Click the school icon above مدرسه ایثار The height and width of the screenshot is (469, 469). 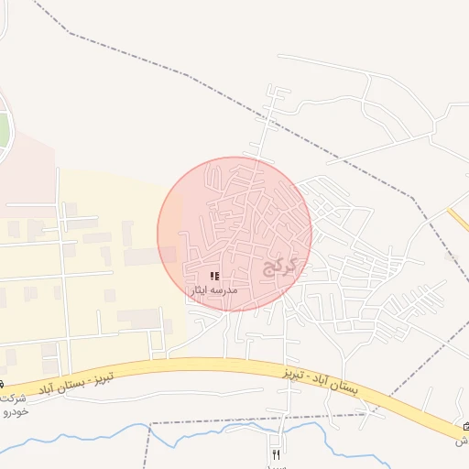click(x=214, y=275)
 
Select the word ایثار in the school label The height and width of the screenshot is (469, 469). click(x=201, y=289)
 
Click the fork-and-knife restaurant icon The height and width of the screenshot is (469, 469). click(x=276, y=454)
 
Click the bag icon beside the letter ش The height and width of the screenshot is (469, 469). click(x=465, y=427)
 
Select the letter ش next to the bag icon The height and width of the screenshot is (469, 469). click(x=462, y=441)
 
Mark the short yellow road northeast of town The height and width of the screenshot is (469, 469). click(x=457, y=220)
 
